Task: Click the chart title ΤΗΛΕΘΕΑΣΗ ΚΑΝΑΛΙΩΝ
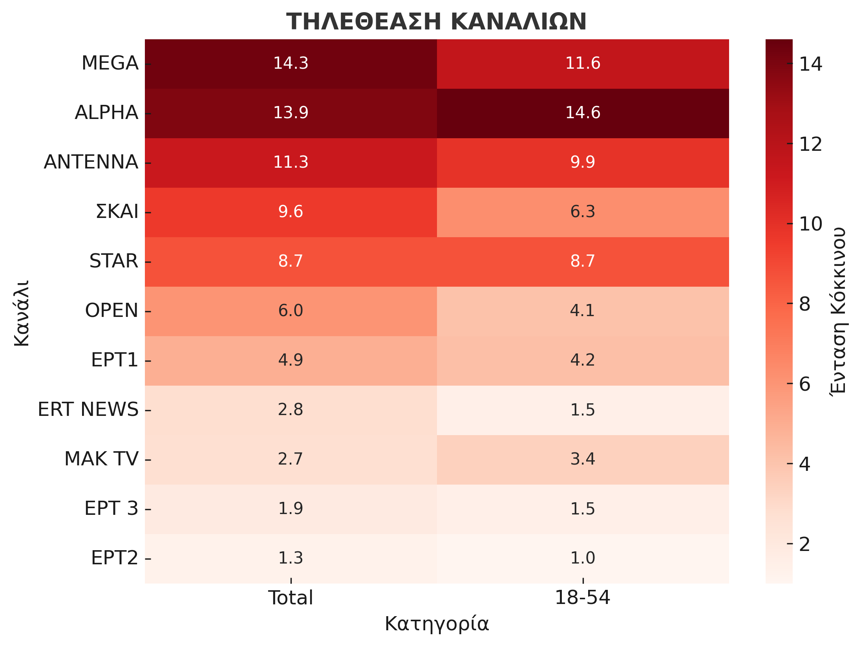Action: point(436,22)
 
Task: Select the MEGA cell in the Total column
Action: point(291,63)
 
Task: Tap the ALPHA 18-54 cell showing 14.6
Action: point(583,113)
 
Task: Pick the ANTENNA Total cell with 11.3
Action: point(291,162)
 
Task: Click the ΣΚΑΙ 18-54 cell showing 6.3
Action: point(583,212)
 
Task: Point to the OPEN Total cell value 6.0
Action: point(291,311)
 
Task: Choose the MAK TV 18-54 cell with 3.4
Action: point(583,459)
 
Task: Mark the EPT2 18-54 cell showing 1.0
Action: point(583,558)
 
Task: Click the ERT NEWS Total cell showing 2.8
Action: point(291,410)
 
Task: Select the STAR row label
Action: point(114,261)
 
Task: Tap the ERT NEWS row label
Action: point(88,410)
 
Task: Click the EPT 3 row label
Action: point(111,509)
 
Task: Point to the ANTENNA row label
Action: point(91,162)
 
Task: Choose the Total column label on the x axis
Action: point(291,598)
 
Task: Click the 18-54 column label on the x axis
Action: point(582,598)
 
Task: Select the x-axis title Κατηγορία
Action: point(437,624)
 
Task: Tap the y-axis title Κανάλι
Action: point(22,313)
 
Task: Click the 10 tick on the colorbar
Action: point(810,224)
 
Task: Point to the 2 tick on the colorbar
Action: point(804,545)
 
